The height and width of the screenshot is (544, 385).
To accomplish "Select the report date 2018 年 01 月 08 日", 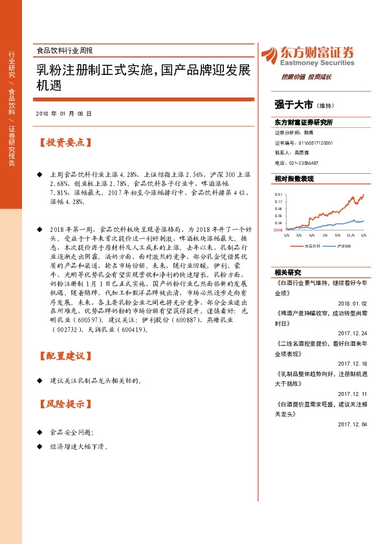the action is (64, 114).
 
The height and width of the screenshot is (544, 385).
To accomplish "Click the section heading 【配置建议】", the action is (62, 356).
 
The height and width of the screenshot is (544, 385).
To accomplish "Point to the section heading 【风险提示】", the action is (62, 405).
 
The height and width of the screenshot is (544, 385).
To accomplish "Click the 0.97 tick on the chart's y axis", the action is (278, 194).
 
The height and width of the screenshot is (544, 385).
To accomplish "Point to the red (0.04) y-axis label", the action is (278, 229).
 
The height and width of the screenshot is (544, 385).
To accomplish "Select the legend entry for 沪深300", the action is (344, 246).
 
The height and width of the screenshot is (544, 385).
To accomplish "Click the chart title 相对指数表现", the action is (294, 178).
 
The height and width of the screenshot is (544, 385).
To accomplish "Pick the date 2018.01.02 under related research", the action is (352, 303).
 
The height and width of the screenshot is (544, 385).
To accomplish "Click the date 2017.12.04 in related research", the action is (352, 424).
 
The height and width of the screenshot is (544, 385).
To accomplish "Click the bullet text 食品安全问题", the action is (71, 432).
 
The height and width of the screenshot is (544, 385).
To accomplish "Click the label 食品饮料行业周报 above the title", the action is (65, 50).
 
